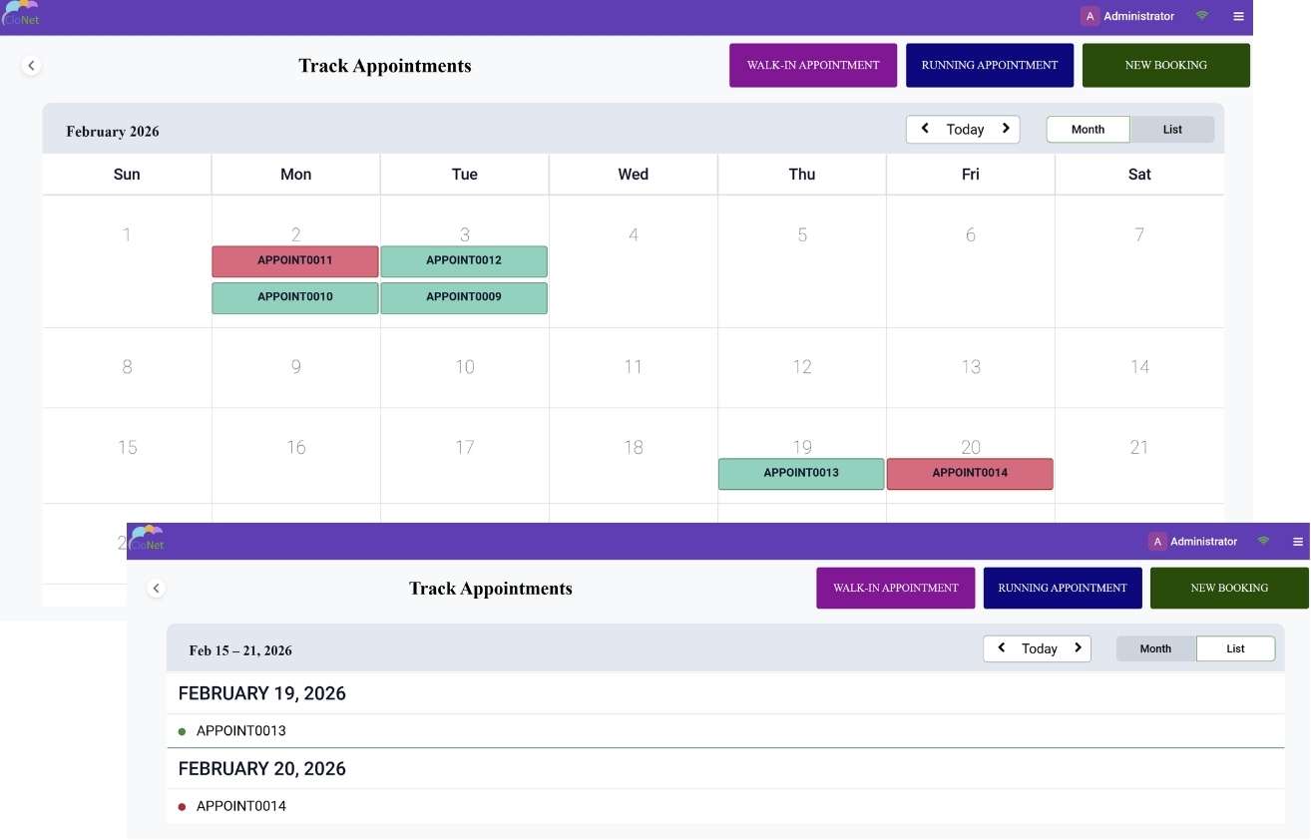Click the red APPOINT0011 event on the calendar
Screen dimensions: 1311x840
[x=295, y=261]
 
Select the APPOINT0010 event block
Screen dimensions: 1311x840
[x=295, y=298]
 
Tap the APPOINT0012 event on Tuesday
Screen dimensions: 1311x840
[x=464, y=261]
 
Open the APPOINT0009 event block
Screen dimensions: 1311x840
[x=464, y=298]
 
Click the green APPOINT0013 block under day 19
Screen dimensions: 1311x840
[x=801, y=474]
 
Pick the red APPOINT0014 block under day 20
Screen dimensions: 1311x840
[x=970, y=474]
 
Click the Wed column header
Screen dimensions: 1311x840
[x=634, y=174]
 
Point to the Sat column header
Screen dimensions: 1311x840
[x=1139, y=174]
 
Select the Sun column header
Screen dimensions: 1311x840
[x=127, y=174]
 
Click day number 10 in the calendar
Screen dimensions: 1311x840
[x=465, y=367]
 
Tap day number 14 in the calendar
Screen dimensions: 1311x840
[x=1139, y=367]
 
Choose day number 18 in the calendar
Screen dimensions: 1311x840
[x=634, y=448]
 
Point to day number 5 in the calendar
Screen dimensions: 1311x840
[x=802, y=235]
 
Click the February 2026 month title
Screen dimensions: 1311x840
[x=113, y=131]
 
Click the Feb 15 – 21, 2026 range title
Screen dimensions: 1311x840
[x=240, y=650]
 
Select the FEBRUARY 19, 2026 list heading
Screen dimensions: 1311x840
[x=261, y=693]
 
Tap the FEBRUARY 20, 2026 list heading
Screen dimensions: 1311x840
[x=261, y=768]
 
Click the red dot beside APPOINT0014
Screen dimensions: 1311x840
[x=182, y=807]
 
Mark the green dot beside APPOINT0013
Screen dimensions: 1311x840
[x=182, y=731]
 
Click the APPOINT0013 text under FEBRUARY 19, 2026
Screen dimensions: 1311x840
[x=241, y=730]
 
